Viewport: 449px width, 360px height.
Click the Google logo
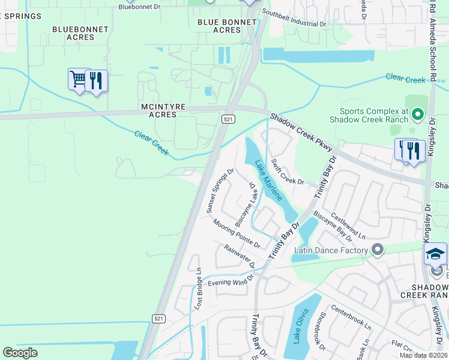[x=20, y=353]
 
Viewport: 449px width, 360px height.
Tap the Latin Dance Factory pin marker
[x=377, y=249]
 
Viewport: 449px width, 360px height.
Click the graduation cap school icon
[x=435, y=254]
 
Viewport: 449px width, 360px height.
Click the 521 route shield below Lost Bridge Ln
[x=158, y=318]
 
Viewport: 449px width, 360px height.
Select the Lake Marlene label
[x=269, y=180]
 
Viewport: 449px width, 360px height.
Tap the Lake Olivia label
[x=301, y=326]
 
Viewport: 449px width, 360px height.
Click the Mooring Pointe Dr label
[x=237, y=233]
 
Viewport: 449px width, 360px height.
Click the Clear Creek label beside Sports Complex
[x=406, y=78]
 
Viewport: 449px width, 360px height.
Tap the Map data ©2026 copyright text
[x=423, y=355]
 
